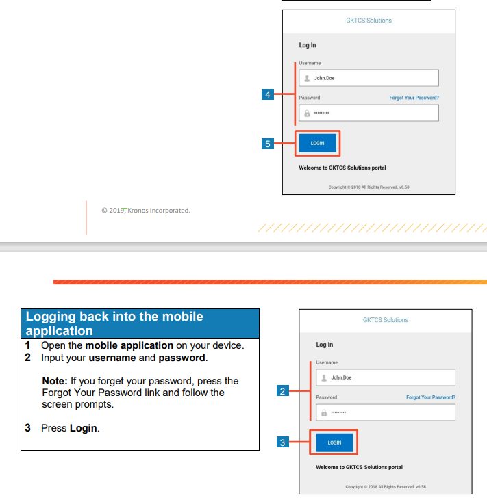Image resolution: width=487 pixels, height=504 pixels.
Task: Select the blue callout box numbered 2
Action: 282,391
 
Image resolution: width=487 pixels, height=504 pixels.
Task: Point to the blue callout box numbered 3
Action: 282,442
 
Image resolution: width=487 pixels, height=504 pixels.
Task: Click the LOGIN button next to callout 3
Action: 334,442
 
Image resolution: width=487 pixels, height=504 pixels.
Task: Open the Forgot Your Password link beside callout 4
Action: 414,98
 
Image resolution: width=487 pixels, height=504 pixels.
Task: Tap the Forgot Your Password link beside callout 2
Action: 430,397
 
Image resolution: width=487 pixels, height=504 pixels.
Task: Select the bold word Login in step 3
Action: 84,428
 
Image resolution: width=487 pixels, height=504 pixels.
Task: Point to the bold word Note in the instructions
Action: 55,381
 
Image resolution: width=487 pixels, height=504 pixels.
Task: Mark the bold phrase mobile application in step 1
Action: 129,345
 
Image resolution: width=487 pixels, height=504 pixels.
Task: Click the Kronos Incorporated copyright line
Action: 145,211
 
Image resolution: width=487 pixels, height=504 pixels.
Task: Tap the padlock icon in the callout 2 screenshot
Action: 323,412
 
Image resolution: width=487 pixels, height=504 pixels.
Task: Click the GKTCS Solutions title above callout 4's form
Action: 369,21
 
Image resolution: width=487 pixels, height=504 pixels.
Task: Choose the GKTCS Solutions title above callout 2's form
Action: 385,320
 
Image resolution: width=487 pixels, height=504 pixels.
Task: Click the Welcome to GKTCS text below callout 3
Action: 359,467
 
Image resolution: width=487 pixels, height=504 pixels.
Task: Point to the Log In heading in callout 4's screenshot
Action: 308,45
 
